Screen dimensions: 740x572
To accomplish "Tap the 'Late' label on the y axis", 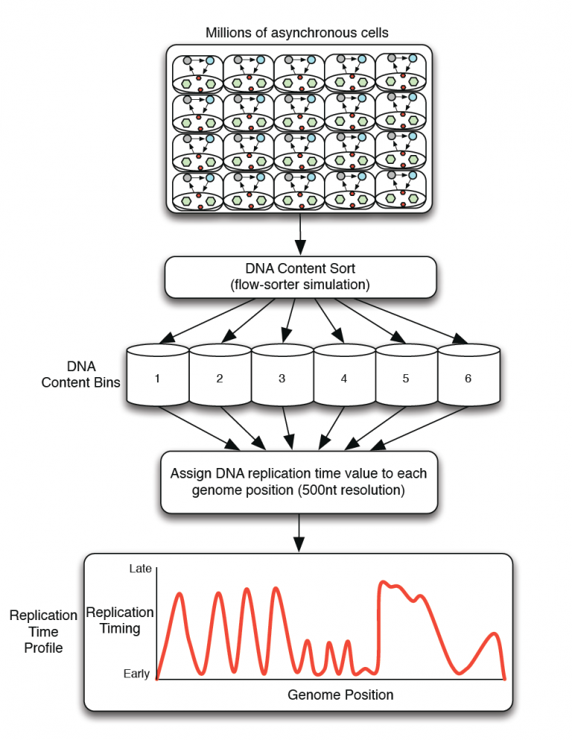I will click(140, 569).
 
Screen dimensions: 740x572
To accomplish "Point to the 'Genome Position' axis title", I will click(340, 695).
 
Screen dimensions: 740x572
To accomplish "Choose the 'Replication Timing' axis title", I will click(120, 620).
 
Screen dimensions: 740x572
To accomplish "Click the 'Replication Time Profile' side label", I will click(43, 631).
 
